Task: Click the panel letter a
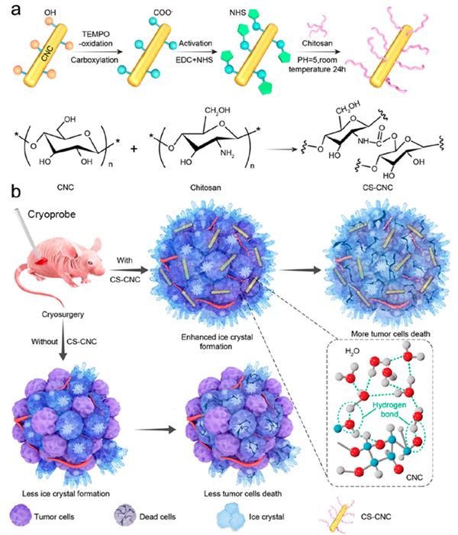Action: [16, 9]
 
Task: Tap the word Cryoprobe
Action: [52, 214]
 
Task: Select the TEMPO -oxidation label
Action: [96, 39]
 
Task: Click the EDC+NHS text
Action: [194, 60]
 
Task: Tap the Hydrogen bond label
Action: [389, 409]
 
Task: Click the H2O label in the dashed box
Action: [352, 351]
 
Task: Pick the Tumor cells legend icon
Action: [21, 516]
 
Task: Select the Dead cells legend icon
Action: [125, 516]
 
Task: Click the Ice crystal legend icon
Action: [231, 517]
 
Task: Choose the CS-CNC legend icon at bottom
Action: [336, 517]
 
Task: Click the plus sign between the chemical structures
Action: [134, 149]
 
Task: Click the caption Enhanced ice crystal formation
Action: [217, 342]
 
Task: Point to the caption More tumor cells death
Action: [390, 334]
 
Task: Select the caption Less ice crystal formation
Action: [66, 493]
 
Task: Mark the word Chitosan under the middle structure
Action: [205, 187]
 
